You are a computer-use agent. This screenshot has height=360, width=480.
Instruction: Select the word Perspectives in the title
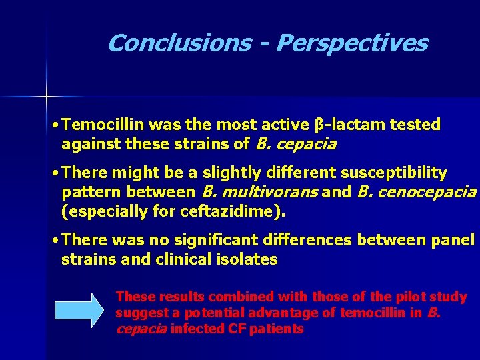(351, 43)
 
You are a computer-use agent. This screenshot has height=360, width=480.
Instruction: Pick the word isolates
(248, 259)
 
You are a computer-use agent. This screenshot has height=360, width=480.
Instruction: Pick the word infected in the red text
(198, 329)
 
